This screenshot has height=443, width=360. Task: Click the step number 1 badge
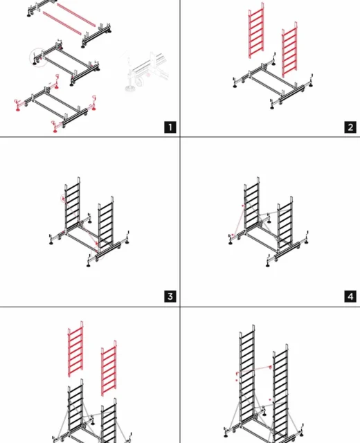pyautogui.click(x=170, y=127)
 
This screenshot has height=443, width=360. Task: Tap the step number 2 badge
pyautogui.click(x=350, y=127)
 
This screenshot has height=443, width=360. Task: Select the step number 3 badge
pyautogui.click(x=170, y=296)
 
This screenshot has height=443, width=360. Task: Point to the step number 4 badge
pyautogui.click(x=350, y=296)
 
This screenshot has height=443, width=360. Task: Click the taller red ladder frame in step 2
pyautogui.click(x=256, y=30)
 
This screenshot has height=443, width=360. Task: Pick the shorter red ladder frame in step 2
pyautogui.click(x=289, y=50)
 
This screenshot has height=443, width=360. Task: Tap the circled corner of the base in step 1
pyautogui.click(x=39, y=57)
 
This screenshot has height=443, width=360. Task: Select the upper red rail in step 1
pyautogui.click(x=76, y=15)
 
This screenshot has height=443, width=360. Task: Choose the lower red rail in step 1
pyautogui.click(x=62, y=23)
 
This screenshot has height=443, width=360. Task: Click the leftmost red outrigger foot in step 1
pyautogui.click(x=17, y=105)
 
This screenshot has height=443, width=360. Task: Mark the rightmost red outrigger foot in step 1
pyautogui.click(x=94, y=103)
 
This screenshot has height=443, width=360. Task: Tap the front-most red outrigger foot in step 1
pyautogui.click(x=55, y=127)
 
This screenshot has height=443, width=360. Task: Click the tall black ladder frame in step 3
pyautogui.click(x=72, y=206)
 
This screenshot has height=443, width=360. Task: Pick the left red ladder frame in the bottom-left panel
pyautogui.click(x=75, y=349)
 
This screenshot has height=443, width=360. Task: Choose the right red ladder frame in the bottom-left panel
pyautogui.click(x=109, y=368)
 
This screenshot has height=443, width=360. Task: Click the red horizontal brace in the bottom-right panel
pyautogui.click(x=254, y=370)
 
